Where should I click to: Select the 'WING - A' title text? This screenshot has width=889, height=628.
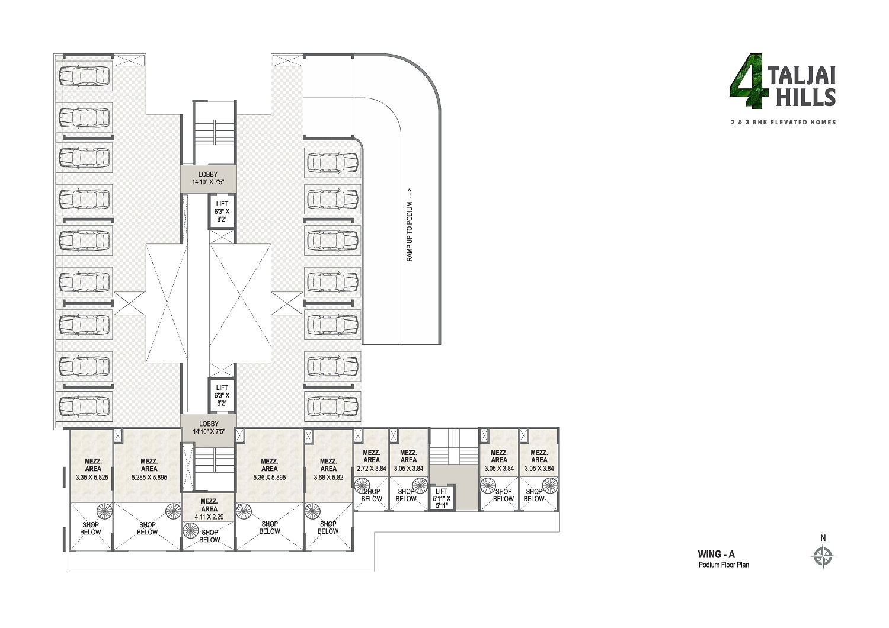pos(716,555)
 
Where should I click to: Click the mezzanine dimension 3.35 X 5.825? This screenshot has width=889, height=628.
pos(92,477)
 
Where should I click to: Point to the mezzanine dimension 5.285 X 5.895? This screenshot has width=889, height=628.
pos(149,477)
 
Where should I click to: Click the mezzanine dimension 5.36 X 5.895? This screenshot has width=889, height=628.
pos(269,477)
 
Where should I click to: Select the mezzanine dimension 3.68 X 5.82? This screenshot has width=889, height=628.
pos(328,477)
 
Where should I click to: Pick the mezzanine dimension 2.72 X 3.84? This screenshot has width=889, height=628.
pos(372,469)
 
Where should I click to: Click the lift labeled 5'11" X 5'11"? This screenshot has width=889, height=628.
pos(442,498)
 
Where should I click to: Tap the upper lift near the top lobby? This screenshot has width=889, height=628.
pos(222,212)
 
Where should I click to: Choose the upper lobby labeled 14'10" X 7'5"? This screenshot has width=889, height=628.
pos(209,178)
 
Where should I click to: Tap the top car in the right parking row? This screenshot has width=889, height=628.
pos(332,162)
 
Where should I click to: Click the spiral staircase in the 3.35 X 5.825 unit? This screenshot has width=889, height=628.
pos(104,511)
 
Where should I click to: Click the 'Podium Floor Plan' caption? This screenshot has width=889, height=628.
pos(723,565)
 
